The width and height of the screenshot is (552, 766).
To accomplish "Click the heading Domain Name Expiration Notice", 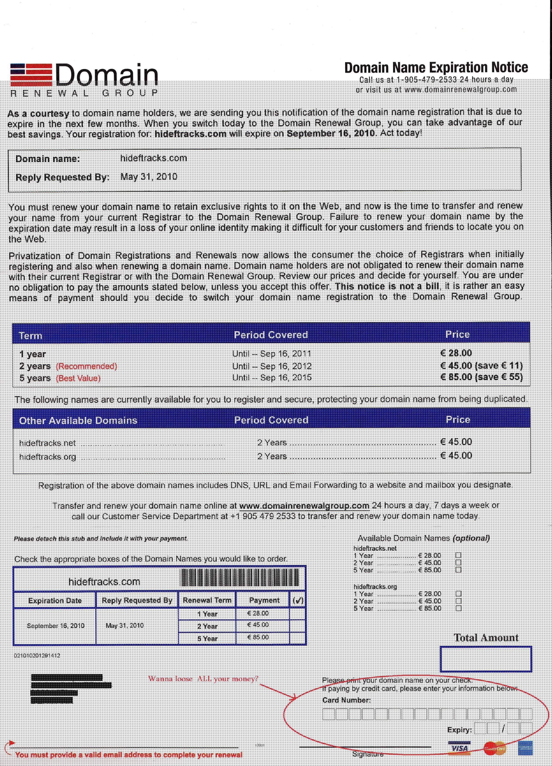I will coord(436,67).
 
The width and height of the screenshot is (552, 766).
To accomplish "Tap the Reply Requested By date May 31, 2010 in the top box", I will coord(149,177).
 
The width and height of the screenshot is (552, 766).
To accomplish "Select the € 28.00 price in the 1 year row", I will coord(456,353).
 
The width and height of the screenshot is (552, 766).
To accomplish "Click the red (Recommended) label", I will coord(86,366).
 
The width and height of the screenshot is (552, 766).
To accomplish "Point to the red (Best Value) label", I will coord(78,378).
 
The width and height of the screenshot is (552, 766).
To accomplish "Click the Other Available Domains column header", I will coord(78,421).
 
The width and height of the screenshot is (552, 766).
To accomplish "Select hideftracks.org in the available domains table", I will coord(48,457).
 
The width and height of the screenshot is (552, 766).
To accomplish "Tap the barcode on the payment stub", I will coord(240,578).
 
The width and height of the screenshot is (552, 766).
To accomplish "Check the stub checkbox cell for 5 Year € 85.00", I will coord(298,638).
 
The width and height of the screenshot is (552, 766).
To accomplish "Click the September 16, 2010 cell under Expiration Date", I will coord(55,626).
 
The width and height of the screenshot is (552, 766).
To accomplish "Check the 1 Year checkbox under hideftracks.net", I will coord(458,555).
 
